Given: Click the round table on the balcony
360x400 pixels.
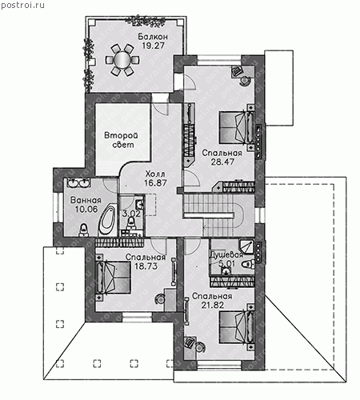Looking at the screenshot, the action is pos(122,59).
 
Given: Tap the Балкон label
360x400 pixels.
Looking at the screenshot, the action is pos(153,37).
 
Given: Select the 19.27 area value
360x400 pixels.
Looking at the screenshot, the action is pos(153,46).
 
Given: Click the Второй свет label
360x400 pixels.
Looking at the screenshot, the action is pos(122,140).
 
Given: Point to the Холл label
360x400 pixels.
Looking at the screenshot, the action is pos(155,174).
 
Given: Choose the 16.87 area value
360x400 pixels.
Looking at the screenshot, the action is pos(155,183).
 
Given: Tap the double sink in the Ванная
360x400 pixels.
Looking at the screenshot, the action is pos(78,183).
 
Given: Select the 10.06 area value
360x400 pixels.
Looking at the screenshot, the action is pos(86,210).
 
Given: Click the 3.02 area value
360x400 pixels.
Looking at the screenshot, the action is pos(131,214).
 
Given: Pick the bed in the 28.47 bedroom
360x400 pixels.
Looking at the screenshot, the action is pos(237,128).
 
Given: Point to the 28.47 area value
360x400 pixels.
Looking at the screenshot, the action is pos(222,162).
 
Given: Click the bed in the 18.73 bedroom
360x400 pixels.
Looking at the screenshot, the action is pos(113,278).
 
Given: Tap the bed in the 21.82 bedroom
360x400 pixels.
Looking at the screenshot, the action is pos(237,328).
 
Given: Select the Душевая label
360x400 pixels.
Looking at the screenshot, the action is pos(226,254).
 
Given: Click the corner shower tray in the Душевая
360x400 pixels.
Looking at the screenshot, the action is pos(247,246).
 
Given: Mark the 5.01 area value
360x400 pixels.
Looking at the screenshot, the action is pos(227,264).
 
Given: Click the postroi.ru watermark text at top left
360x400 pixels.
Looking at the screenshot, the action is pos(22,6).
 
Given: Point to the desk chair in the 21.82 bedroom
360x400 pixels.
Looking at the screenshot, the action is pos(200,347).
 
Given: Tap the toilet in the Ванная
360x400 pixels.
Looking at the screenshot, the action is pos(84,230).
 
